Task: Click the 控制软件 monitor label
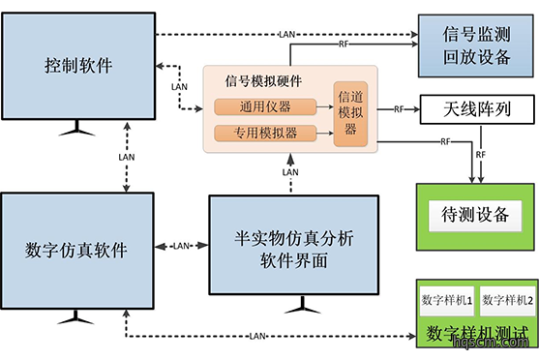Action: tap(78, 66)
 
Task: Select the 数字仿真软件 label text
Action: tap(76, 250)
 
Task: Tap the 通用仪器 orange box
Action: tap(265, 106)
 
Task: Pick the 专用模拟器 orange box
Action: tap(265, 134)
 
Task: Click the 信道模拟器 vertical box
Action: tap(350, 114)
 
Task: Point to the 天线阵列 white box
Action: tap(477, 109)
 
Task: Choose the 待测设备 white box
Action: tap(475, 215)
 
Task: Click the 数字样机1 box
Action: tap(446, 301)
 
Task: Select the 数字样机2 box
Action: tap(507, 301)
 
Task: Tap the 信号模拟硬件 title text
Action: tap(263, 81)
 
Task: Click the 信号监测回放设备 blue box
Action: tap(476, 45)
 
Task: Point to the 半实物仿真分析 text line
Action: tap(294, 238)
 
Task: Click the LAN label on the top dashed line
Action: tap(287, 35)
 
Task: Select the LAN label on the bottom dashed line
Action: tap(257, 336)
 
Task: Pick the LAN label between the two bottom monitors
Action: tap(182, 246)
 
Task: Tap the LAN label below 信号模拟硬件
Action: tap(290, 172)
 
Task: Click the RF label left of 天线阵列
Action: tap(399, 109)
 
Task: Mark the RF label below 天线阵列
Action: tap(481, 155)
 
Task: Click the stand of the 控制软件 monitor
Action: tap(76, 128)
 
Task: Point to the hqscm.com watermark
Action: tap(491, 342)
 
